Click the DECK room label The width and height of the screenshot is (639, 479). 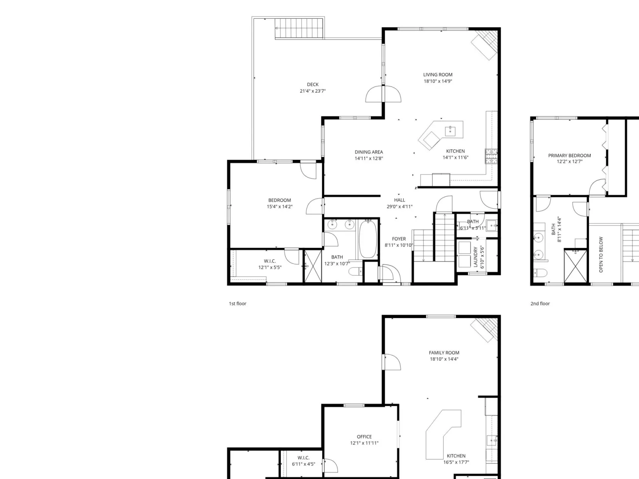[x=313, y=84]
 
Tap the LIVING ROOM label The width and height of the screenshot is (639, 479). [x=438, y=75]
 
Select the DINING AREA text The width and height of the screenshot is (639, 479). [x=369, y=152]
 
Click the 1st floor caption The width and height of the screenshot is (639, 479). [x=237, y=304]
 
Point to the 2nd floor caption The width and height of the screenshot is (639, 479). [x=540, y=304]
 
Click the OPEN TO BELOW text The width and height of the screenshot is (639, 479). [x=601, y=255]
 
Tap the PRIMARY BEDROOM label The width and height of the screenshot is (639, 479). [x=570, y=156]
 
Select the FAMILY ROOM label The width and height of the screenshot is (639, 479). [x=444, y=352]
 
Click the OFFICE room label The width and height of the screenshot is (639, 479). [x=364, y=437]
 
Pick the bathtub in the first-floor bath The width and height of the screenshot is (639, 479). [x=368, y=239]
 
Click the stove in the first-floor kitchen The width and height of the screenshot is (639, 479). [x=491, y=156]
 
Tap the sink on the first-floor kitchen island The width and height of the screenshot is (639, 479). [x=450, y=131]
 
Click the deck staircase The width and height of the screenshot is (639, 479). [x=299, y=28]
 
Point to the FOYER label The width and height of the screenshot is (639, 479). [x=399, y=239]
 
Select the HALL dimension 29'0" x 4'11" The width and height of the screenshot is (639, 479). [x=399, y=206]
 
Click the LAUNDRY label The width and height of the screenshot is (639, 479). [x=476, y=257]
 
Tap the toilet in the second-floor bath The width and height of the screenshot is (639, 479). [x=540, y=273]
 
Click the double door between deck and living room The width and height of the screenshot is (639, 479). [x=383, y=94]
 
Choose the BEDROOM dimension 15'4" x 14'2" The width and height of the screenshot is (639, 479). [x=280, y=206]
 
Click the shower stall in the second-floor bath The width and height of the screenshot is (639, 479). [x=575, y=266]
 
